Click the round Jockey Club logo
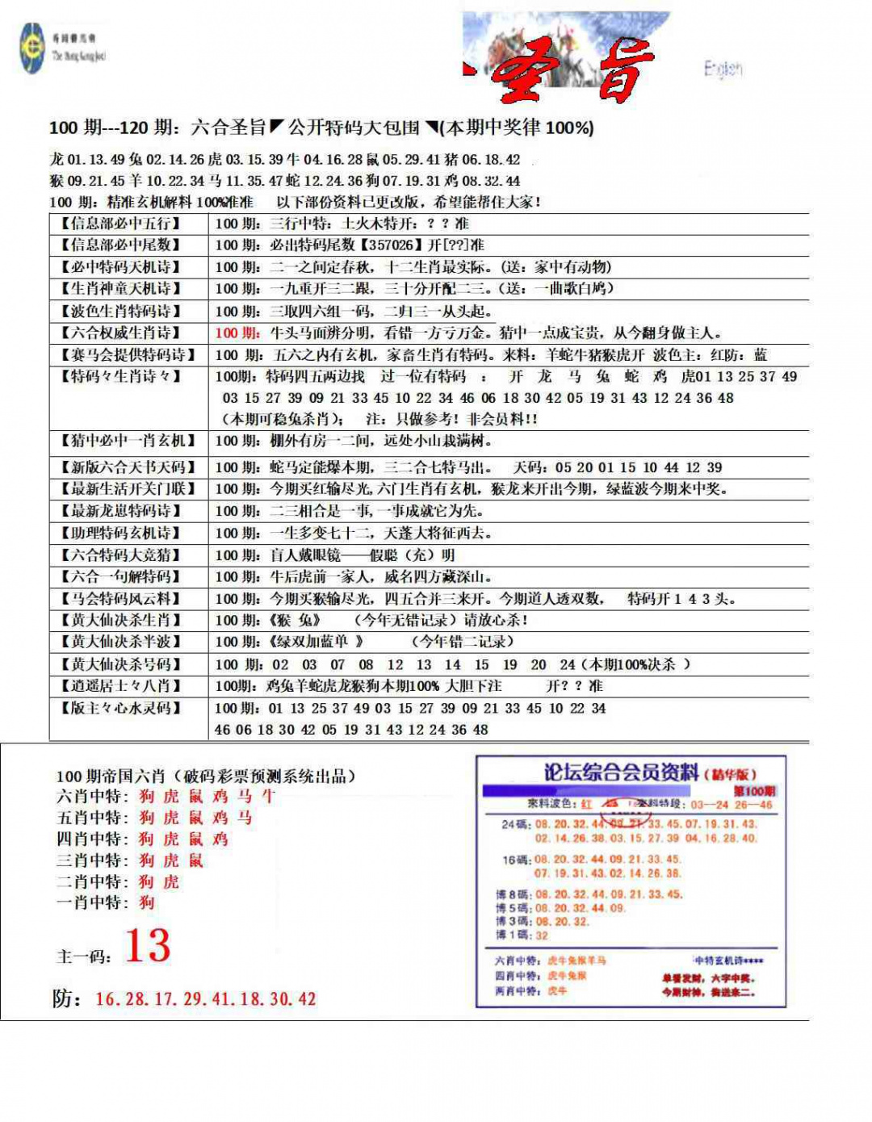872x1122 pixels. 32,48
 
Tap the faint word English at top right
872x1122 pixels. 723,69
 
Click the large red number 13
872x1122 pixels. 148,945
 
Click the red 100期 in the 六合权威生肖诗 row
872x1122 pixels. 237,333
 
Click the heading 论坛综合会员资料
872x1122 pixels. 621,772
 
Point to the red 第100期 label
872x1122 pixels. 754,791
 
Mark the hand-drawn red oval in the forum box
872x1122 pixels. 625,804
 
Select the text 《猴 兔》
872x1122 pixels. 295,620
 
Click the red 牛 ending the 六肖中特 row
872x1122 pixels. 269,796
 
